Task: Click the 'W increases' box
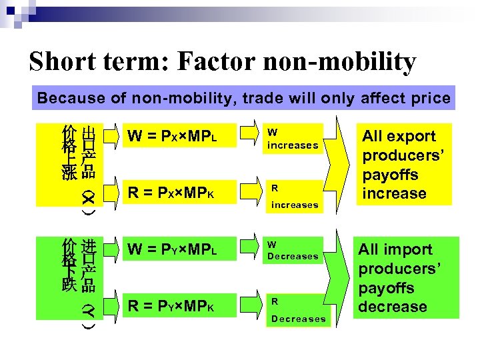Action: (x=293, y=139)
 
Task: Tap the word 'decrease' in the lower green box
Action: (x=393, y=307)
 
